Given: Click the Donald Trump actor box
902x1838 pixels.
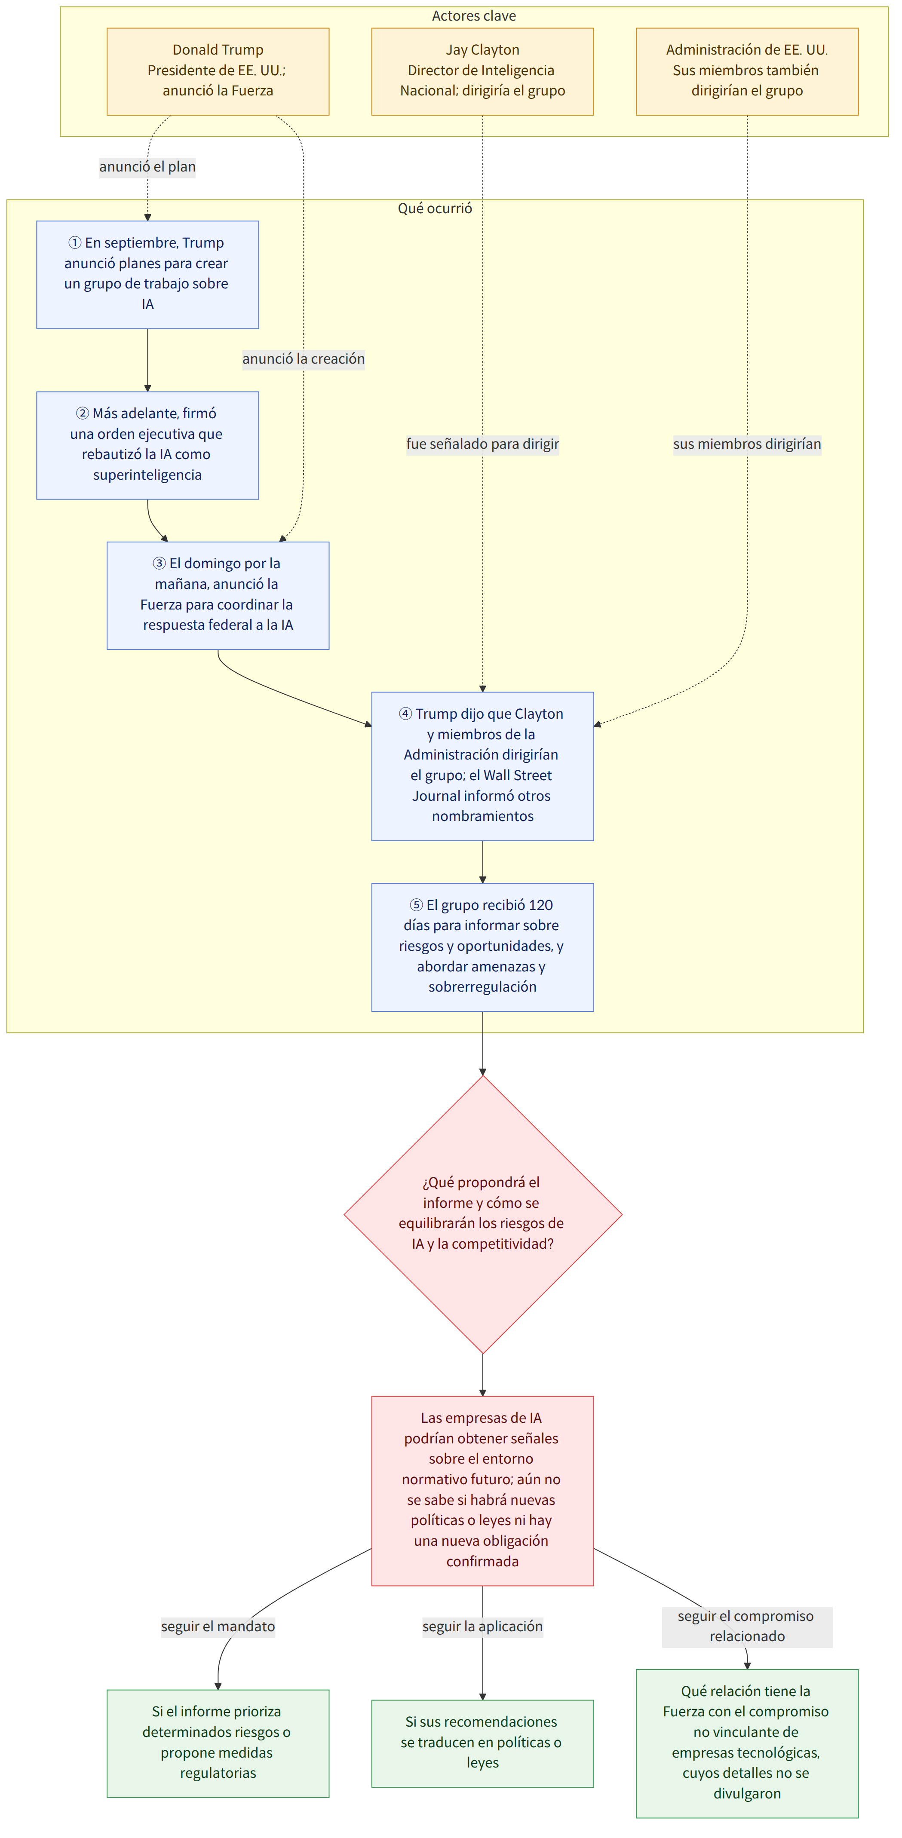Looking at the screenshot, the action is [218, 71].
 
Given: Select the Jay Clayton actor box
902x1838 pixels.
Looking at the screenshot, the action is [482, 71].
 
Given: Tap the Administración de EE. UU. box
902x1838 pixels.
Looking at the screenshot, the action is [747, 71].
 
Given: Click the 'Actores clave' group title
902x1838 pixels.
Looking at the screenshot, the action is [474, 16].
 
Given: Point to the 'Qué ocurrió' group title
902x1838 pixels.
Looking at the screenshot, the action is [435, 208].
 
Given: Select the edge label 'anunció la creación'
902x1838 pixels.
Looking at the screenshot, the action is [303, 359].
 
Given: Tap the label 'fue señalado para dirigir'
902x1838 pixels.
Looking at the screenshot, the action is [482, 444].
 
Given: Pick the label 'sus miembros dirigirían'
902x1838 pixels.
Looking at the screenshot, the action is [747, 444].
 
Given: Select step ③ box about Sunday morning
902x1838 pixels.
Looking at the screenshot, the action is [218, 596].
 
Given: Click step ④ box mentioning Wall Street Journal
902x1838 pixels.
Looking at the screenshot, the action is [482, 766].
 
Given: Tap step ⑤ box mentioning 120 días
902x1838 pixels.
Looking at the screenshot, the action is [482, 947].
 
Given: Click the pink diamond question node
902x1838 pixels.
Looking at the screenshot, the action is [482, 1214].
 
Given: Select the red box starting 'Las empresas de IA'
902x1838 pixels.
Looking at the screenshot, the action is [482, 1491].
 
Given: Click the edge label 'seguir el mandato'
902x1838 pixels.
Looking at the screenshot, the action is [218, 1626].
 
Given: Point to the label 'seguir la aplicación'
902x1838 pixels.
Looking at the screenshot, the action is [482, 1626].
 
